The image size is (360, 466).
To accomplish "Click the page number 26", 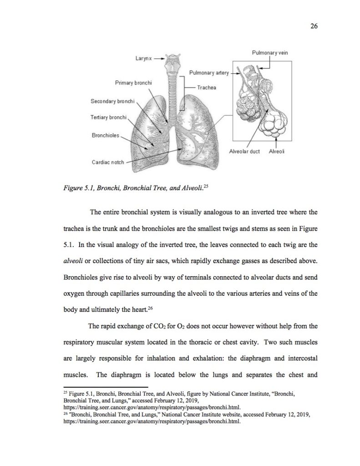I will [x=314, y=26].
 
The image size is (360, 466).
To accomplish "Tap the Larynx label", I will [x=143, y=59].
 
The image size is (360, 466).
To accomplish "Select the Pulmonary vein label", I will [x=270, y=53].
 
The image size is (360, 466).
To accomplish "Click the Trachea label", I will [x=207, y=87].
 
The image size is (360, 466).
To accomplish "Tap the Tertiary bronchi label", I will [x=108, y=117].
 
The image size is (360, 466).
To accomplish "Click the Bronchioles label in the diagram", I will [x=105, y=135].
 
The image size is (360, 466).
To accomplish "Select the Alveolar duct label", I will [x=244, y=152].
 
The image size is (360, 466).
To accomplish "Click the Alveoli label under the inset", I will [x=277, y=152].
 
